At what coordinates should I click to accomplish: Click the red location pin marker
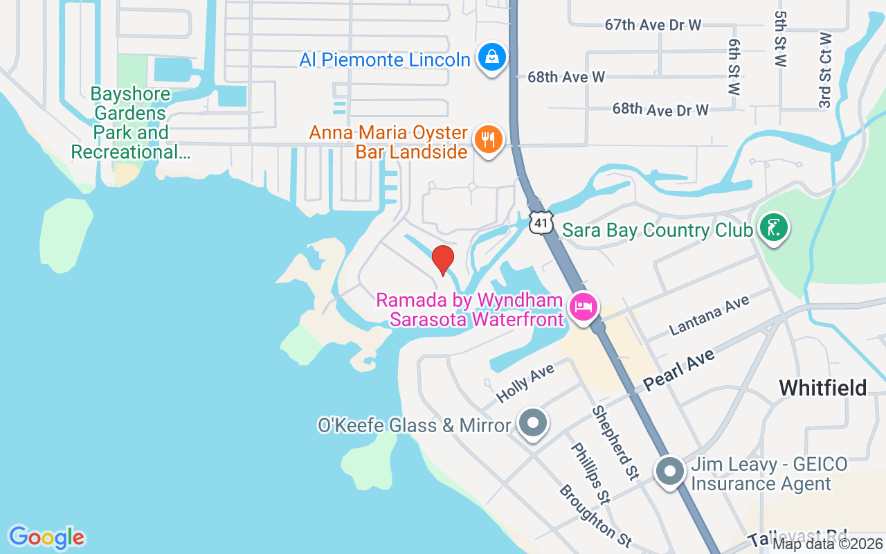(443, 260)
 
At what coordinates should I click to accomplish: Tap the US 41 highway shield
(542, 222)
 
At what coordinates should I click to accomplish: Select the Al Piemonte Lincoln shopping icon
(491, 57)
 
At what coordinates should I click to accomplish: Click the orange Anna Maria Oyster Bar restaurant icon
(489, 140)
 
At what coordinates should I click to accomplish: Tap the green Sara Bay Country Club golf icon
(773, 228)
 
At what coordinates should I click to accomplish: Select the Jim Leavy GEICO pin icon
(669, 472)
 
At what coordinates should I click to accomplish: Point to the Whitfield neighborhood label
(822, 388)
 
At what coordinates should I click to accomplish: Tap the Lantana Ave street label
(709, 316)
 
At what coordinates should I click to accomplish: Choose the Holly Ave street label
(526, 383)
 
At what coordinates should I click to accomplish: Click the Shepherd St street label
(615, 443)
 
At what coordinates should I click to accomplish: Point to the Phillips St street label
(590, 472)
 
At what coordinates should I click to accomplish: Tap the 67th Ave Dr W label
(653, 25)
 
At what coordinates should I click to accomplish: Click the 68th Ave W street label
(566, 77)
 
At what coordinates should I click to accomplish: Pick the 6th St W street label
(734, 66)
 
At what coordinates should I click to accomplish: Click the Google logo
(46, 537)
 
